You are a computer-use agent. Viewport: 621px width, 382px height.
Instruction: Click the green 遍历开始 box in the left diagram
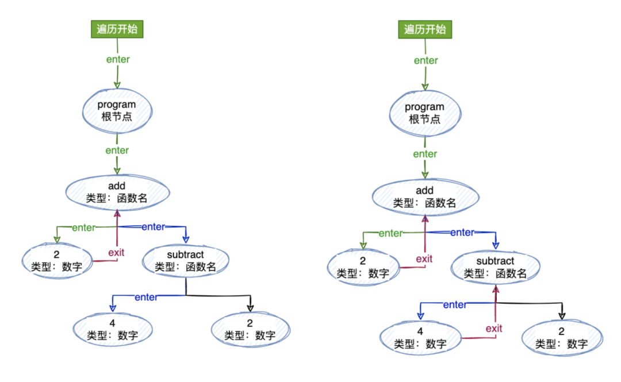(x=117, y=29)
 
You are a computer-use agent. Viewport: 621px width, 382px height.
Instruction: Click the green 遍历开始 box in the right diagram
(x=425, y=29)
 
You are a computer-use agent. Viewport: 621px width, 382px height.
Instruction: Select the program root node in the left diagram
(x=117, y=110)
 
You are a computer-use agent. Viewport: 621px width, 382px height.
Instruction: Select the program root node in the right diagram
(x=424, y=113)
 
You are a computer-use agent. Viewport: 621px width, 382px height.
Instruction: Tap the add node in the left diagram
(x=117, y=192)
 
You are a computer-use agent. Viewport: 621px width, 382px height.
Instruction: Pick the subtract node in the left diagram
(x=185, y=260)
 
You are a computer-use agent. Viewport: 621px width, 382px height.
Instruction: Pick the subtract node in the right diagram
(x=495, y=267)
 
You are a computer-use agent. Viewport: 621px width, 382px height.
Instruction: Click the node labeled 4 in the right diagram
(x=420, y=338)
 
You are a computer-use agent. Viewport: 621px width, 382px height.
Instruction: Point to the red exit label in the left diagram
(x=117, y=252)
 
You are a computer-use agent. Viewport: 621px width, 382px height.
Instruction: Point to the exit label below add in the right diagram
(x=424, y=259)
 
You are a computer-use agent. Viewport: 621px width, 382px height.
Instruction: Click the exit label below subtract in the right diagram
(x=494, y=329)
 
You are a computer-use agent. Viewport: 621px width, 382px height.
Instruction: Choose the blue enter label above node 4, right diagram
(x=455, y=304)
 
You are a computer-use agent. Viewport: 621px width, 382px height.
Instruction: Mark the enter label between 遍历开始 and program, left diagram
(x=118, y=59)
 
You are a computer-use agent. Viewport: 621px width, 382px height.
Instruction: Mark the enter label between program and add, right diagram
(x=425, y=154)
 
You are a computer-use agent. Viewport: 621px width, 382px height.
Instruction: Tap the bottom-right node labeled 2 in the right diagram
(x=562, y=338)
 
